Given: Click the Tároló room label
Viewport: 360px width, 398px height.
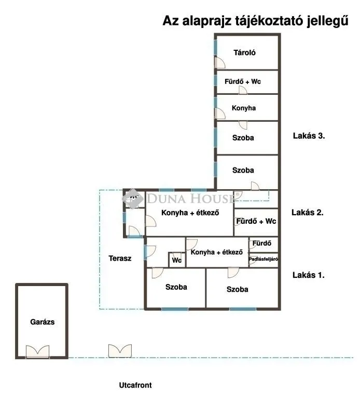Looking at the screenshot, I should [x=245, y=52].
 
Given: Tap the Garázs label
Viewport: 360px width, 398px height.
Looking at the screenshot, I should [x=42, y=322].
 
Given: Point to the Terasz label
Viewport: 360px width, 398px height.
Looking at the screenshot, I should [x=120, y=258].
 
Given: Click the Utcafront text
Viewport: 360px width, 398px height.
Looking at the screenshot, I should [x=135, y=386].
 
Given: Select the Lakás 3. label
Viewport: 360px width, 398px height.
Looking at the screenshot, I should [x=309, y=136].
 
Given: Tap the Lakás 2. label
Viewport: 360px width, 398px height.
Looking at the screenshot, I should [x=308, y=212].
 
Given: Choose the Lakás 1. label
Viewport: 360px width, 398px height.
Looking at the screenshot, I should [x=309, y=275].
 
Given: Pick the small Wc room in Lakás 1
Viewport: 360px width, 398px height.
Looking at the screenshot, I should [x=177, y=260].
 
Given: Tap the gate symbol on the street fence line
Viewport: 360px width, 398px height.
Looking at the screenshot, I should [x=120, y=351].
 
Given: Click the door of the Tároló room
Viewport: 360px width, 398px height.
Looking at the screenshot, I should [x=220, y=63].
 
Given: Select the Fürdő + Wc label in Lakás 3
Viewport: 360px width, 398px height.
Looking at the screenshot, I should [x=243, y=81].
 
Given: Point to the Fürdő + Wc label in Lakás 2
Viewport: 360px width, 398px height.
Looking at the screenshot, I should [x=256, y=221].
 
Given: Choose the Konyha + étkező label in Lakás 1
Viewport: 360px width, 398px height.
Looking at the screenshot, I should [x=217, y=252].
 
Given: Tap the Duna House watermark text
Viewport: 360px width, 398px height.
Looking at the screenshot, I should [x=192, y=198].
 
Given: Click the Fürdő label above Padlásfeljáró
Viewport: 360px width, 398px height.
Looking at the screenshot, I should [x=261, y=243].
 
